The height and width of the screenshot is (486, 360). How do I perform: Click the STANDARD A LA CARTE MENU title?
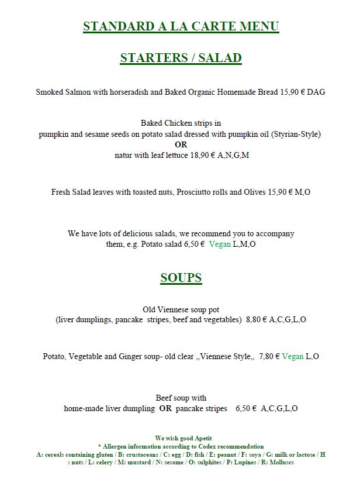click(x=181, y=26)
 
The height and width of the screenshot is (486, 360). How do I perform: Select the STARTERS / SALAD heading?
click(x=181, y=58)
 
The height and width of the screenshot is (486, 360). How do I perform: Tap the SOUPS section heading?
click(x=181, y=278)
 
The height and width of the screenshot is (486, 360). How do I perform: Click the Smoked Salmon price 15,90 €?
click(x=293, y=92)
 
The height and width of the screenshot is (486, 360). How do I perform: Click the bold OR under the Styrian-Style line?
click(x=181, y=144)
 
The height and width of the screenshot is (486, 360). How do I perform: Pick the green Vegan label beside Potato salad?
click(x=219, y=244)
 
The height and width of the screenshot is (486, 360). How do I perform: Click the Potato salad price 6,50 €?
click(x=192, y=244)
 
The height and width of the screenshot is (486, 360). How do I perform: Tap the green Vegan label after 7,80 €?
click(x=293, y=356)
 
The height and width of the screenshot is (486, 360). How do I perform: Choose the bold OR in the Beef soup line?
click(x=165, y=409)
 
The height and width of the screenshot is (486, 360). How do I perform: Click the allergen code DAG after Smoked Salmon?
click(x=316, y=92)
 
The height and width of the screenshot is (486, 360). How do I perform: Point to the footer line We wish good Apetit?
click(x=181, y=438)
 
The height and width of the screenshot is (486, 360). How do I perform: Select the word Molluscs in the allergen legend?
click(x=279, y=462)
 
